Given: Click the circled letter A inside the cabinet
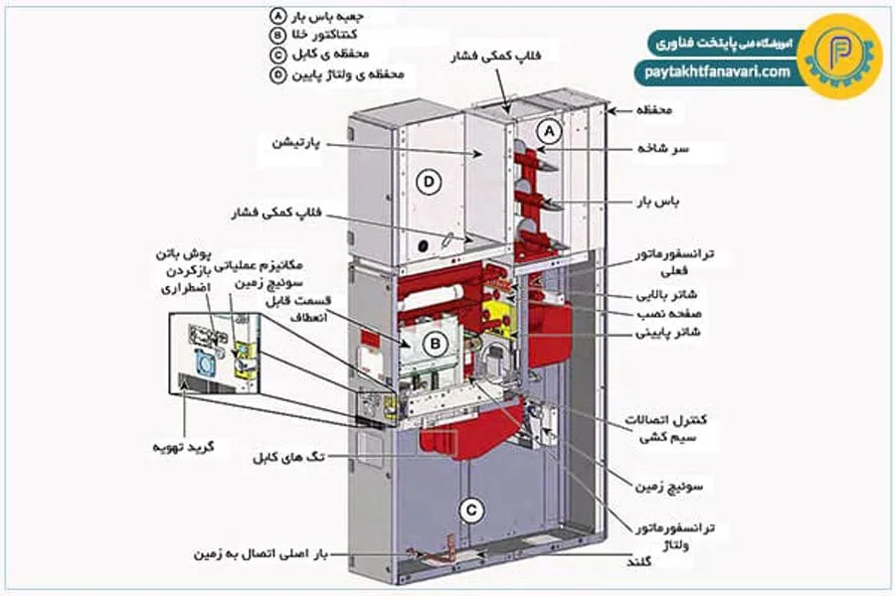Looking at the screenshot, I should tap(550, 130).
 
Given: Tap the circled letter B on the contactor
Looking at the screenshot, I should tap(433, 344).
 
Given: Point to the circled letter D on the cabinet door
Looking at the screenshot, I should tap(429, 182).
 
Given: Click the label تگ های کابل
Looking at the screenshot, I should tap(288, 457).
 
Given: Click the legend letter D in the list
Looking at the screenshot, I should tap(277, 74).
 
